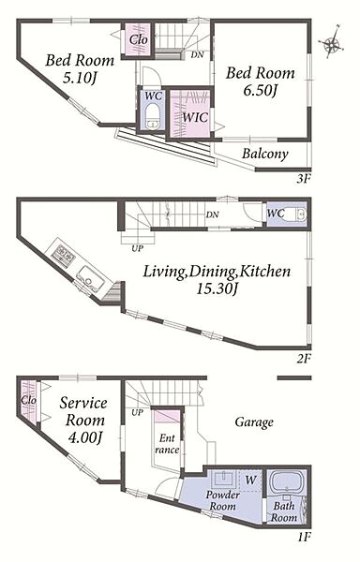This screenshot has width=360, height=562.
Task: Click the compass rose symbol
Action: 332,43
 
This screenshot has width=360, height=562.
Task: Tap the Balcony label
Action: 265,154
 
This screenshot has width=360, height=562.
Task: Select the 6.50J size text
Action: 260,91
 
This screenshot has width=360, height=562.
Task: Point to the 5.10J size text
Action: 81,78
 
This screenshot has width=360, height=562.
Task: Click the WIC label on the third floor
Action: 195,117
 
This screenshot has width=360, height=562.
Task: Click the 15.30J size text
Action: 217,288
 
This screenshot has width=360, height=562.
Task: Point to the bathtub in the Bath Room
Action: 287,482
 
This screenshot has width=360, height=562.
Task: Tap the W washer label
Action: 250,480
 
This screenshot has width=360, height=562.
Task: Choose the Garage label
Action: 254,422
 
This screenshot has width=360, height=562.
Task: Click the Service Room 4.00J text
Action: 83,421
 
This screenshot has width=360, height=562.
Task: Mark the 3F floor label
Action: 303,179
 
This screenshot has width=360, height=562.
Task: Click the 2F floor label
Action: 303,358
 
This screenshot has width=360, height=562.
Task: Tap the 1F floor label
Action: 304,537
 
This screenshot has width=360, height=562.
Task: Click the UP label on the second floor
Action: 137,248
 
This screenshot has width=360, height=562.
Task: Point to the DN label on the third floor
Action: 197,55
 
